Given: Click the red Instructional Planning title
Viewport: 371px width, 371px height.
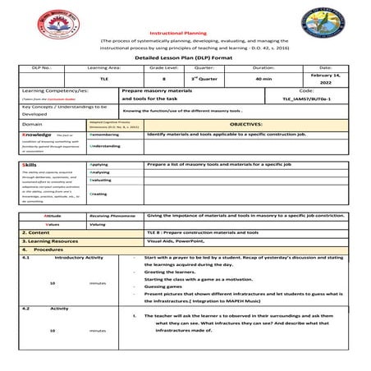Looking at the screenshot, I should [185, 26].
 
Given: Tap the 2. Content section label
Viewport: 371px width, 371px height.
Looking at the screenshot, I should [40, 233].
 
